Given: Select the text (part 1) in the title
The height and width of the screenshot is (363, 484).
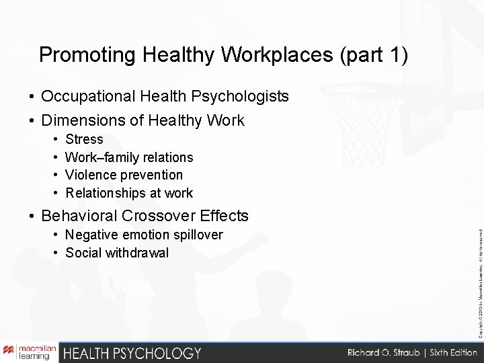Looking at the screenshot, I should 373,55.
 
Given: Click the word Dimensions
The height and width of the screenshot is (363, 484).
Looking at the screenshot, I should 82,121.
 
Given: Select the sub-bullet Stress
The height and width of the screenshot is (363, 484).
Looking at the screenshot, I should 84,140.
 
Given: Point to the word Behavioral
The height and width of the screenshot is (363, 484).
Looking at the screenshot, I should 80,216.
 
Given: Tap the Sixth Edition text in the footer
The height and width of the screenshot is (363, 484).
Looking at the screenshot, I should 444,352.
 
